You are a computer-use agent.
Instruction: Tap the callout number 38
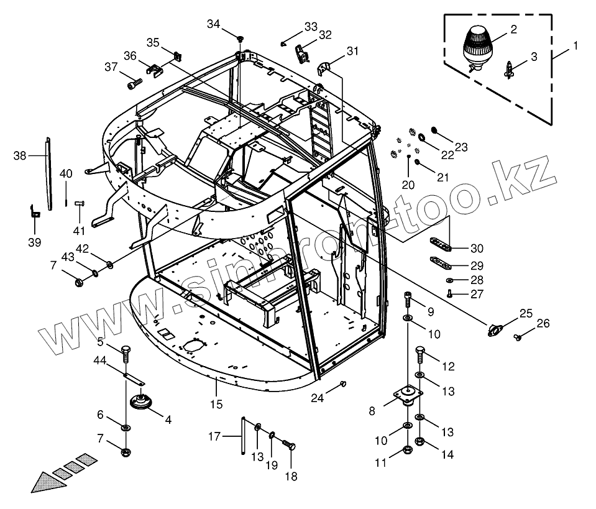click(20, 156)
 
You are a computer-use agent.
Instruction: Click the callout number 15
click(216, 405)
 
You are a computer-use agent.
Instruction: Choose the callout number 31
click(353, 52)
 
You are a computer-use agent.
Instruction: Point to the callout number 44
click(99, 360)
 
